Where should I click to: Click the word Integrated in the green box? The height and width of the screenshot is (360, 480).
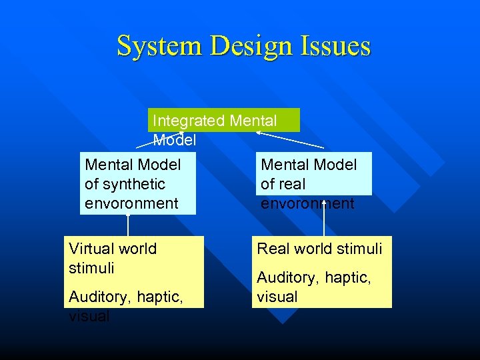coord(189,121)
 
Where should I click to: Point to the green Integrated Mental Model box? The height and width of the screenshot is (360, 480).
coord(224,120)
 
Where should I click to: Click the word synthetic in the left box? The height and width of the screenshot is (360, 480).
coord(125,184)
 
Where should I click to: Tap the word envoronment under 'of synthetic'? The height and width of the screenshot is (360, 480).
coord(131,203)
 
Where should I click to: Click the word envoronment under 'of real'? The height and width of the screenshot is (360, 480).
coord(307,203)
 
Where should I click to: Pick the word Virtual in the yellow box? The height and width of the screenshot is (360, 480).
coord(91,249)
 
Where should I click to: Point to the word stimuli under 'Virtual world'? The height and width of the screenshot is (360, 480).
coord(91,268)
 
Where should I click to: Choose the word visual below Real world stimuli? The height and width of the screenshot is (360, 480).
coord(277,296)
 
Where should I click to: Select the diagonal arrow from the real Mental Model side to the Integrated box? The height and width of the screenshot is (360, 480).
coord(290,139)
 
